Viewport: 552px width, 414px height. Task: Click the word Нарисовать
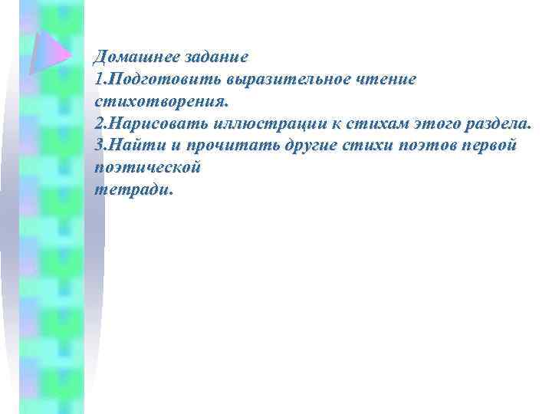click(156, 123)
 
